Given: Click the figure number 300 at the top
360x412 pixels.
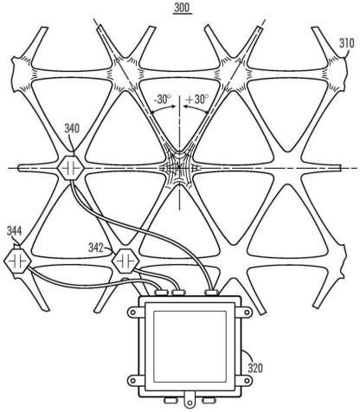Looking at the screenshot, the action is [183, 8].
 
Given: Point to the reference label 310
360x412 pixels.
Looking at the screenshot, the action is [346, 43].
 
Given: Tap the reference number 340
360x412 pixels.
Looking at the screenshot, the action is [72, 128].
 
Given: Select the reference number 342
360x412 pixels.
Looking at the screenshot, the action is [95, 248].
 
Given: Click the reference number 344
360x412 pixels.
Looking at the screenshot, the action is [14, 230].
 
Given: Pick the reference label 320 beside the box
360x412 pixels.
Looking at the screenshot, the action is [255, 368].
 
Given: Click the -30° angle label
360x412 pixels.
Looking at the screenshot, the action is [163, 100].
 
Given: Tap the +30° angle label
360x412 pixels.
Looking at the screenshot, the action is [197, 100].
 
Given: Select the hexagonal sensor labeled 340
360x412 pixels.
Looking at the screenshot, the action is [71, 168].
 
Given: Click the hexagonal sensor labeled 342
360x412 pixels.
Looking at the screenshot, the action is [125, 261].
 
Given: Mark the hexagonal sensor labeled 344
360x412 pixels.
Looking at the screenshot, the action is [17, 261].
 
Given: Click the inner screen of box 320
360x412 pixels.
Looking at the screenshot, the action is [190, 346].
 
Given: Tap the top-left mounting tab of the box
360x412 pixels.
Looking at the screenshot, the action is [133, 312].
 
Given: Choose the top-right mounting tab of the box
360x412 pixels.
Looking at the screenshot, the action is [247, 312].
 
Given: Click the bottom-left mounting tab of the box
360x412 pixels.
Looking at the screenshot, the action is [133, 381].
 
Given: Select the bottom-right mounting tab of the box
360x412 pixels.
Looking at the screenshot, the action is [247, 381].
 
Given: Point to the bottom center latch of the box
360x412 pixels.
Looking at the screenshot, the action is [190, 402].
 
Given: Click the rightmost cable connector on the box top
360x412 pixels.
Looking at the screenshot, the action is [211, 293].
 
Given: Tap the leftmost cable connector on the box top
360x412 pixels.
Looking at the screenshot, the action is [162, 293].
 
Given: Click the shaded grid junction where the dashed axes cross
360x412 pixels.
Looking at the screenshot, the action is [179, 167].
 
